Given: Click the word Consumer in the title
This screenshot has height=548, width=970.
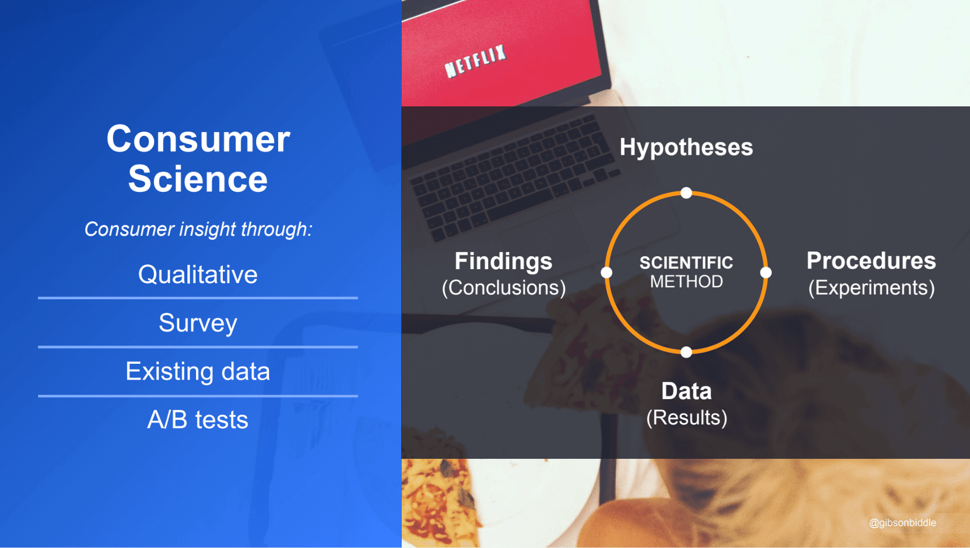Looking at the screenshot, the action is [198, 139].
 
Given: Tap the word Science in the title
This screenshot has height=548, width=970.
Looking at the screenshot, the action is [198, 178].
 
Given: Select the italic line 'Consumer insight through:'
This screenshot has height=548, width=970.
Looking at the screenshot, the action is [198, 229].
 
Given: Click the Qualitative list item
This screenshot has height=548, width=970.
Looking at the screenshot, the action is [198, 275].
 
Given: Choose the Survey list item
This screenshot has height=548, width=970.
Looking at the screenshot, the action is [198, 323].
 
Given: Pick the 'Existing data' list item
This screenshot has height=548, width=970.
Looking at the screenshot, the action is [198, 371].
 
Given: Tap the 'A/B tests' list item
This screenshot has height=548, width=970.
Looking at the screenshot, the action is [198, 420].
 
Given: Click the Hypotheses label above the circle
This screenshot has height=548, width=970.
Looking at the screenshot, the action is [686, 148].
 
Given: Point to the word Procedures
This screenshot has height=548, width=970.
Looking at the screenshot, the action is [871, 261].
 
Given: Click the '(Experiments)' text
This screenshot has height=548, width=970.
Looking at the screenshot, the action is [871, 287].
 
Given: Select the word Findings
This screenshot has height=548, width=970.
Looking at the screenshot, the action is [503, 262].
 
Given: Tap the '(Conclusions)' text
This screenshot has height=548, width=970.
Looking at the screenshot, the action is [503, 287].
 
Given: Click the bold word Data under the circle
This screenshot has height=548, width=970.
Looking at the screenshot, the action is [686, 391].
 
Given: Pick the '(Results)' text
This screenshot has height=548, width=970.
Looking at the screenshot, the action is [686, 417].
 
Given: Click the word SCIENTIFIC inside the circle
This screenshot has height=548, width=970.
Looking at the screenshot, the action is [686, 263].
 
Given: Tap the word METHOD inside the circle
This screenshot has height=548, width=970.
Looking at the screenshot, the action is [686, 282].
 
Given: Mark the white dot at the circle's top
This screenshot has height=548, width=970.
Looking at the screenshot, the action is [686, 193].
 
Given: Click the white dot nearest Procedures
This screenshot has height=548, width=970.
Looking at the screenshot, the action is [766, 272].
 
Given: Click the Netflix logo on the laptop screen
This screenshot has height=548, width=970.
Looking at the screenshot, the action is [475, 61].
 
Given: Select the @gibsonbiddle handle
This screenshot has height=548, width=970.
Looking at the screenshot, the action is [902, 523].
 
